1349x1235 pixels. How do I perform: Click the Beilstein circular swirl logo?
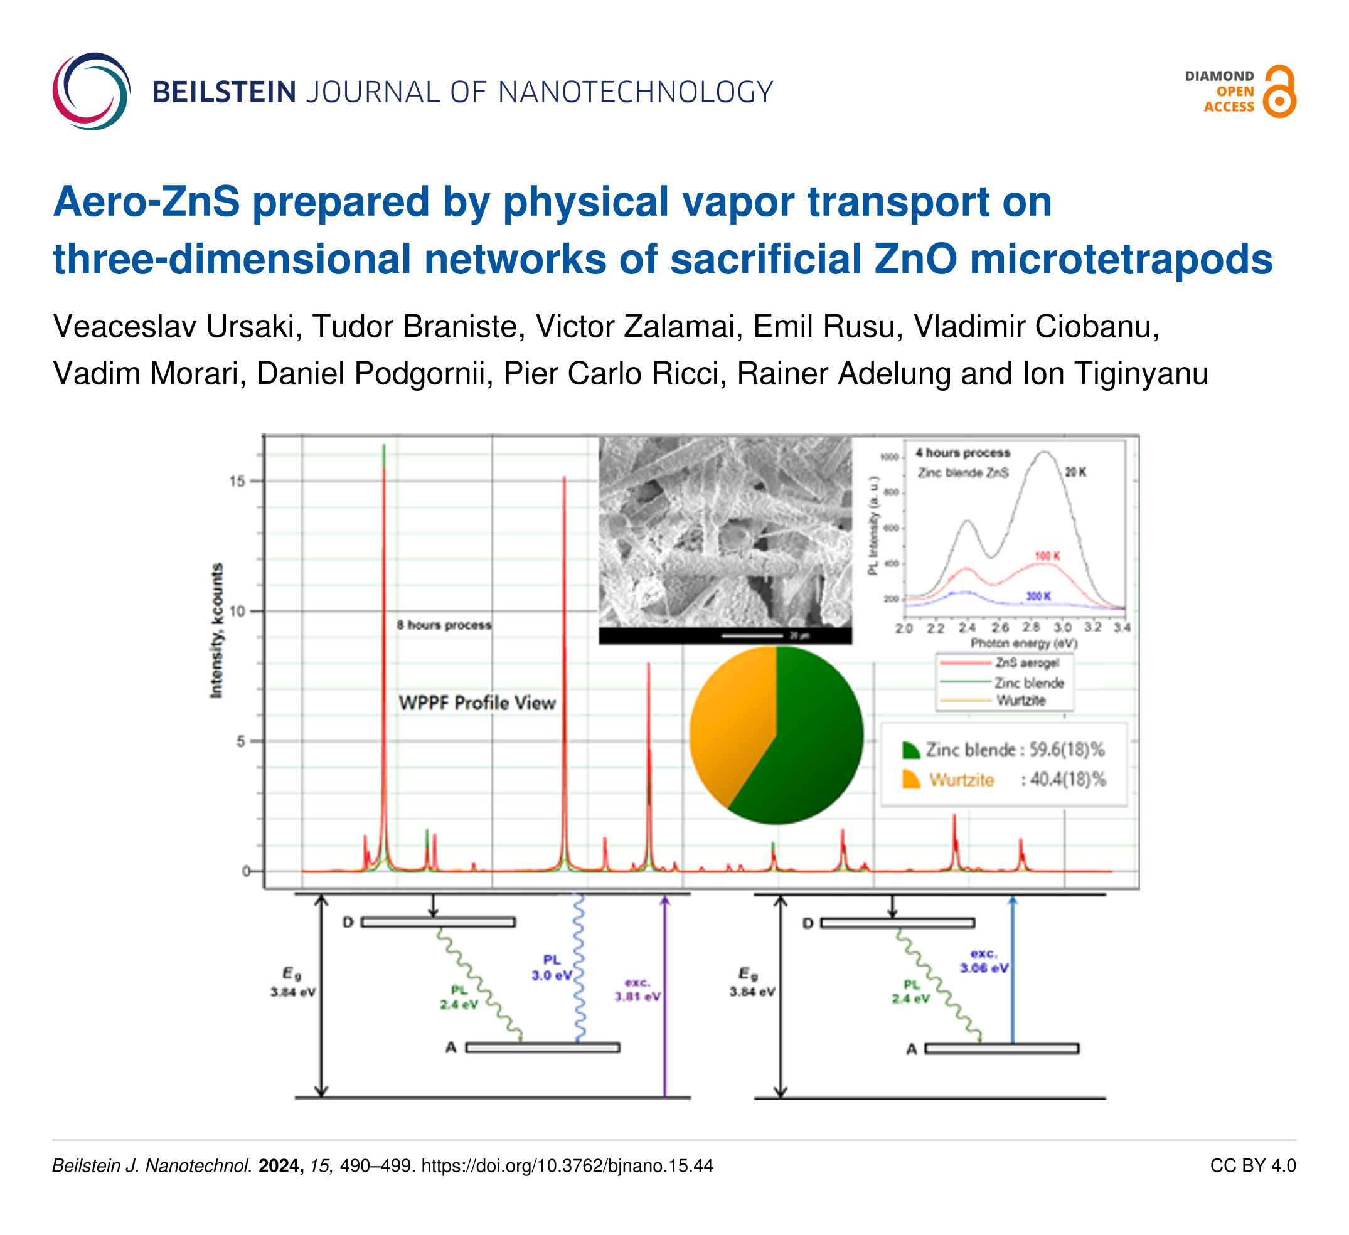[91, 91]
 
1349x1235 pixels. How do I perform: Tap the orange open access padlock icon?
[1279, 92]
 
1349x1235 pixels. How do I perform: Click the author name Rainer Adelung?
[843, 373]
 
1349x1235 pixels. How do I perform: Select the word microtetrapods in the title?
[1121, 260]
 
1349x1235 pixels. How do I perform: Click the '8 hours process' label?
[444, 625]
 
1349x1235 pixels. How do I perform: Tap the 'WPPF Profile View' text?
[477, 703]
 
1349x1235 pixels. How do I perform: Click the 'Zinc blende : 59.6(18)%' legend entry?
[1004, 750]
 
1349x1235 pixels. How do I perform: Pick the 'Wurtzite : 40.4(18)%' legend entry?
[1004, 780]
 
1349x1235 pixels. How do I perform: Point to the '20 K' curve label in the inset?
[1075, 472]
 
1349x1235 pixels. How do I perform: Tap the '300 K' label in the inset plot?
[1038, 596]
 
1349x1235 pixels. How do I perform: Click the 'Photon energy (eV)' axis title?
[1024, 644]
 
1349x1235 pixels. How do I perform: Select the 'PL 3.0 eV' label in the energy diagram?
[552, 968]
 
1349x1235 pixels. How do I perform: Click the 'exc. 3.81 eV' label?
[637, 990]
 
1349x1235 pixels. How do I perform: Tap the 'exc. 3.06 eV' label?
[984, 961]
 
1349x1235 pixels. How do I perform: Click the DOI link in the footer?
[567, 1166]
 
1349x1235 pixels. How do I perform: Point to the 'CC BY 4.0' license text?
[1252, 1166]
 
